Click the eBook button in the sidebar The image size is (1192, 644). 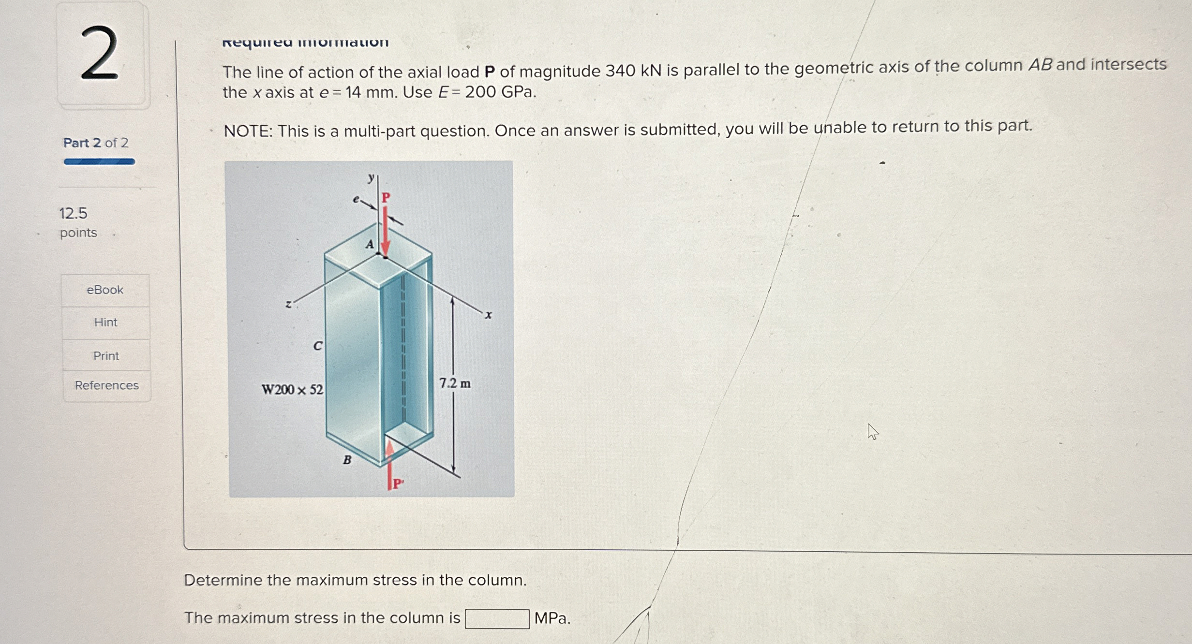(x=105, y=290)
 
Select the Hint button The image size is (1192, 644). (x=105, y=322)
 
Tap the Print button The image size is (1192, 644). (x=106, y=356)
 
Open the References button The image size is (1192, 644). (x=106, y=385)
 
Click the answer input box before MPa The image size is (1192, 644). (x=497, y=619)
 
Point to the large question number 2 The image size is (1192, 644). (x=100, y=54)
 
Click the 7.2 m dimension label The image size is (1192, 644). (x=455, y=383)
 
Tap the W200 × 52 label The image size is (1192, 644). (x=292, y=390)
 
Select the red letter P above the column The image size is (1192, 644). (x=386, y=197)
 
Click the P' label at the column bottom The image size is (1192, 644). (x=398, y=483)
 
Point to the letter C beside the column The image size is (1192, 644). (x=317, y=346)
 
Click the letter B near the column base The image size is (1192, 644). (x=347, y=460)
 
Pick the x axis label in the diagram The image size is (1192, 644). (x=489, y=316)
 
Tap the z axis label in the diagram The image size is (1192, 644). (x=288, y=305)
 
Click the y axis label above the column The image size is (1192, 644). (x=371, y=178)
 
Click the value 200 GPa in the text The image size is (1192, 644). (x=500, y=92)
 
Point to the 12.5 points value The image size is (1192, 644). (x=74, y=213)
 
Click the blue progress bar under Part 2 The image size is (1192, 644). (x=99, y=162)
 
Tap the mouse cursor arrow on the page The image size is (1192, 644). (x=872, y=431)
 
